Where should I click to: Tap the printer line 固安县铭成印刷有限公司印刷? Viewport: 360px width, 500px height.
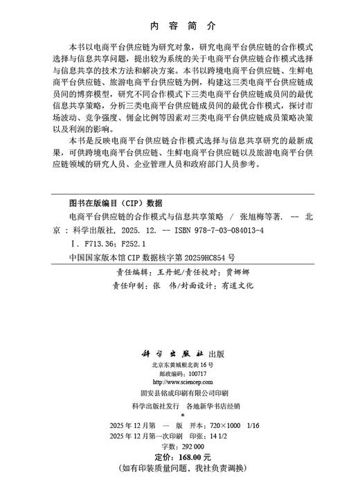[180, 393]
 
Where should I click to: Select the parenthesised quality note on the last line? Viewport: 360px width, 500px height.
[180, 469]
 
